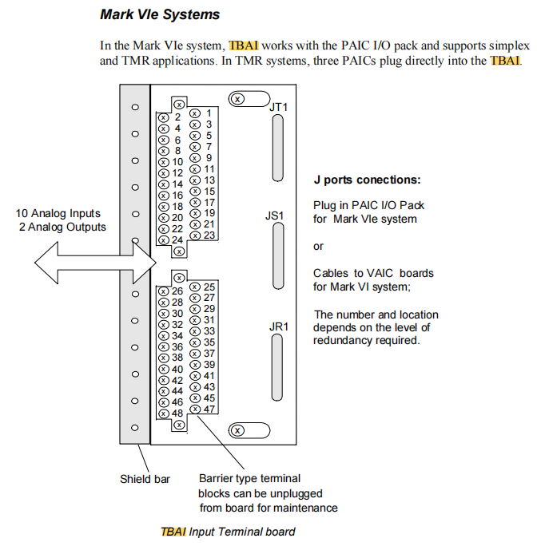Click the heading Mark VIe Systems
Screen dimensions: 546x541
click(x=160, y=14)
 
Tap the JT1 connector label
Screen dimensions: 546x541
click(x=279, y=107)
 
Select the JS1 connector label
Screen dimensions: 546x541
click(x=275, y=216)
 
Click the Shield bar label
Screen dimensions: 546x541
click(x=145, y=479)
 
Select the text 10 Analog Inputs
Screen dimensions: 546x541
click(x=58, y=213)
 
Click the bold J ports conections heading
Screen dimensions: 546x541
click(x=367, y=180)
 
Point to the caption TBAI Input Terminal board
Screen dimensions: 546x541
click(x=228, y=532)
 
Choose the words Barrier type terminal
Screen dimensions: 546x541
click(x=249, y=479)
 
